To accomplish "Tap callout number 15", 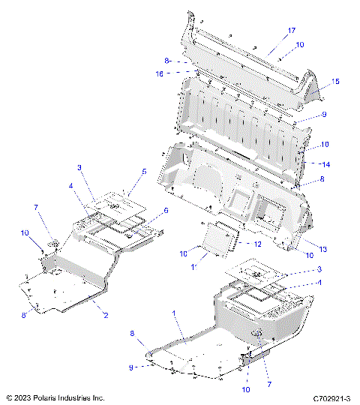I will [335, 81].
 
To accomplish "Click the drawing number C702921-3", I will [331, 397].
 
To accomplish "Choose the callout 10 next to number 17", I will [300, 45].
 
